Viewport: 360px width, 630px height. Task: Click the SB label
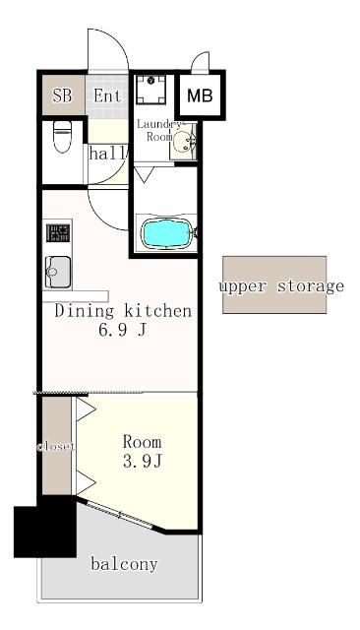62,95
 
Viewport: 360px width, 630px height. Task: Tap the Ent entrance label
107,95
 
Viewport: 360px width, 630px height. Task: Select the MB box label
200,95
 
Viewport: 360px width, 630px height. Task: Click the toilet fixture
62,137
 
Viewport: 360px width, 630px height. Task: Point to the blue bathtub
166,234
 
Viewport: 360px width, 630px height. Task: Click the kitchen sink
58,272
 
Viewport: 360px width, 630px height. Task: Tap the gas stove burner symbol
58,233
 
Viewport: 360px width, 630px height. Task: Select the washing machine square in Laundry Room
150,89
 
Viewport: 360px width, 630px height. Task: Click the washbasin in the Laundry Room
184,141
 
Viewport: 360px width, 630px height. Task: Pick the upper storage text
281,286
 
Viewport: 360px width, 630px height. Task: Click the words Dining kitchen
123,311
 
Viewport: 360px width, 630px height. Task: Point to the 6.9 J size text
122,331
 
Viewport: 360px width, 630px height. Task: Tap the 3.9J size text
142,462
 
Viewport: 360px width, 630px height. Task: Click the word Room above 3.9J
142,442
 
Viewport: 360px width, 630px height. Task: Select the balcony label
124,564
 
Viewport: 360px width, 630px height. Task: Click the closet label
56,446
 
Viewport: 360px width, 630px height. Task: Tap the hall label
107,154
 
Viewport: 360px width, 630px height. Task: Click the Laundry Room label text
159,130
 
